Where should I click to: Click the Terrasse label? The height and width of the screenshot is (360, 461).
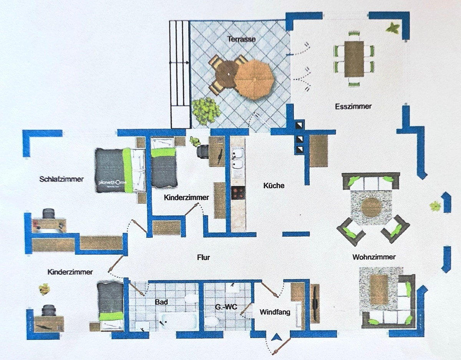[241, 39]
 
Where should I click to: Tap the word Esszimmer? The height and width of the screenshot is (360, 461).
[353, 106]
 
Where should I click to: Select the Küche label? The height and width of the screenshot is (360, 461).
[274, 185]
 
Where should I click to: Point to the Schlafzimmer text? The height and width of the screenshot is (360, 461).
[61, 179]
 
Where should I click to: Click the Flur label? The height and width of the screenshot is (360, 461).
[204, 257]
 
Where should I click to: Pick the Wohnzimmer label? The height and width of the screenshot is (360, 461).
[374, 257]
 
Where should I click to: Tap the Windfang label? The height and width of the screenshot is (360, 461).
[275, 312]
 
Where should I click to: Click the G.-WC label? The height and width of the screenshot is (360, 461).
[226, 307]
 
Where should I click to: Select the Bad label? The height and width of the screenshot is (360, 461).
[161, 302]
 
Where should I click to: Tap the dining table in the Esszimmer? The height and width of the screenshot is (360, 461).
[354, 59]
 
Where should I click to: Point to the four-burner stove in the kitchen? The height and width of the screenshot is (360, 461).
[238, 193]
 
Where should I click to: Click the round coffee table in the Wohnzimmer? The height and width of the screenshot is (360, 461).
[371, 207]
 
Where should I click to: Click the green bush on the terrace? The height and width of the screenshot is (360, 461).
[206, 111]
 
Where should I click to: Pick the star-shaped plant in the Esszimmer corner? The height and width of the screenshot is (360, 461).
[392, 28]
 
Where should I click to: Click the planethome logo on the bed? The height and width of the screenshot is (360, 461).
[113, 183]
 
